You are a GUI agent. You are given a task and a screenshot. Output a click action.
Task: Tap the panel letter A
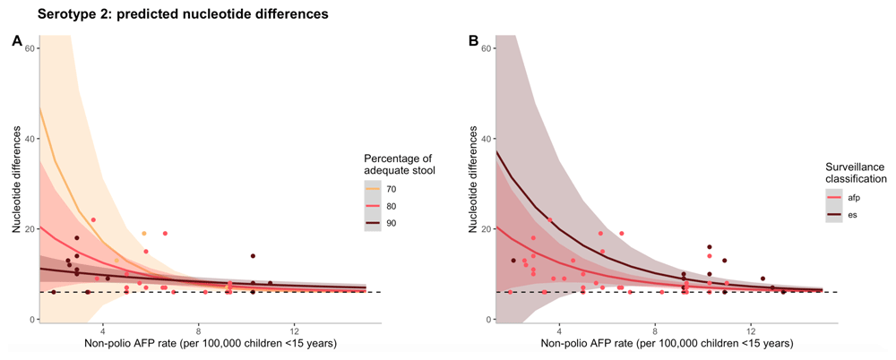tap(16, 41)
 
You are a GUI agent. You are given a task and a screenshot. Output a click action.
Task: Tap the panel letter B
tap(473, 41)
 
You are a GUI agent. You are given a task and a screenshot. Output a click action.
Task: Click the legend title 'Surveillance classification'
tap(855, 174)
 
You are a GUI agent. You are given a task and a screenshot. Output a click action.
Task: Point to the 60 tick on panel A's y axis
tap(30, 47)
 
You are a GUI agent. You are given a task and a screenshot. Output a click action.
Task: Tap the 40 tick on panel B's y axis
tap(487, 139)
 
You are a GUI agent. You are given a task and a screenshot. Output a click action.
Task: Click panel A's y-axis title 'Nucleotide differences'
tap(16, 184)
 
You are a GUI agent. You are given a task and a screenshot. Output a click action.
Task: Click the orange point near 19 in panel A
tap(143, 234)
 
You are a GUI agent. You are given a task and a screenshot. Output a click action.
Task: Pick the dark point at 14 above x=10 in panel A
tap(253, 256)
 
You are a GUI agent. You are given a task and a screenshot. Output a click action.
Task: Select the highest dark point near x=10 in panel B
tap(710, 247)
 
